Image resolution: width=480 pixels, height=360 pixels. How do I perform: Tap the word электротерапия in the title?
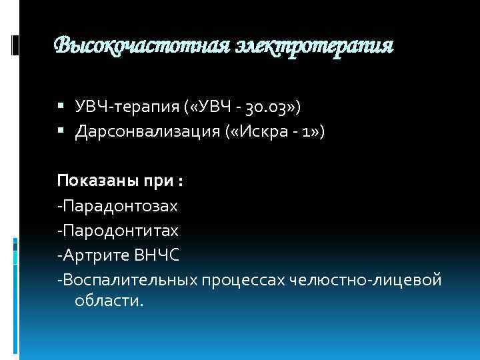[x=313, y=46]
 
